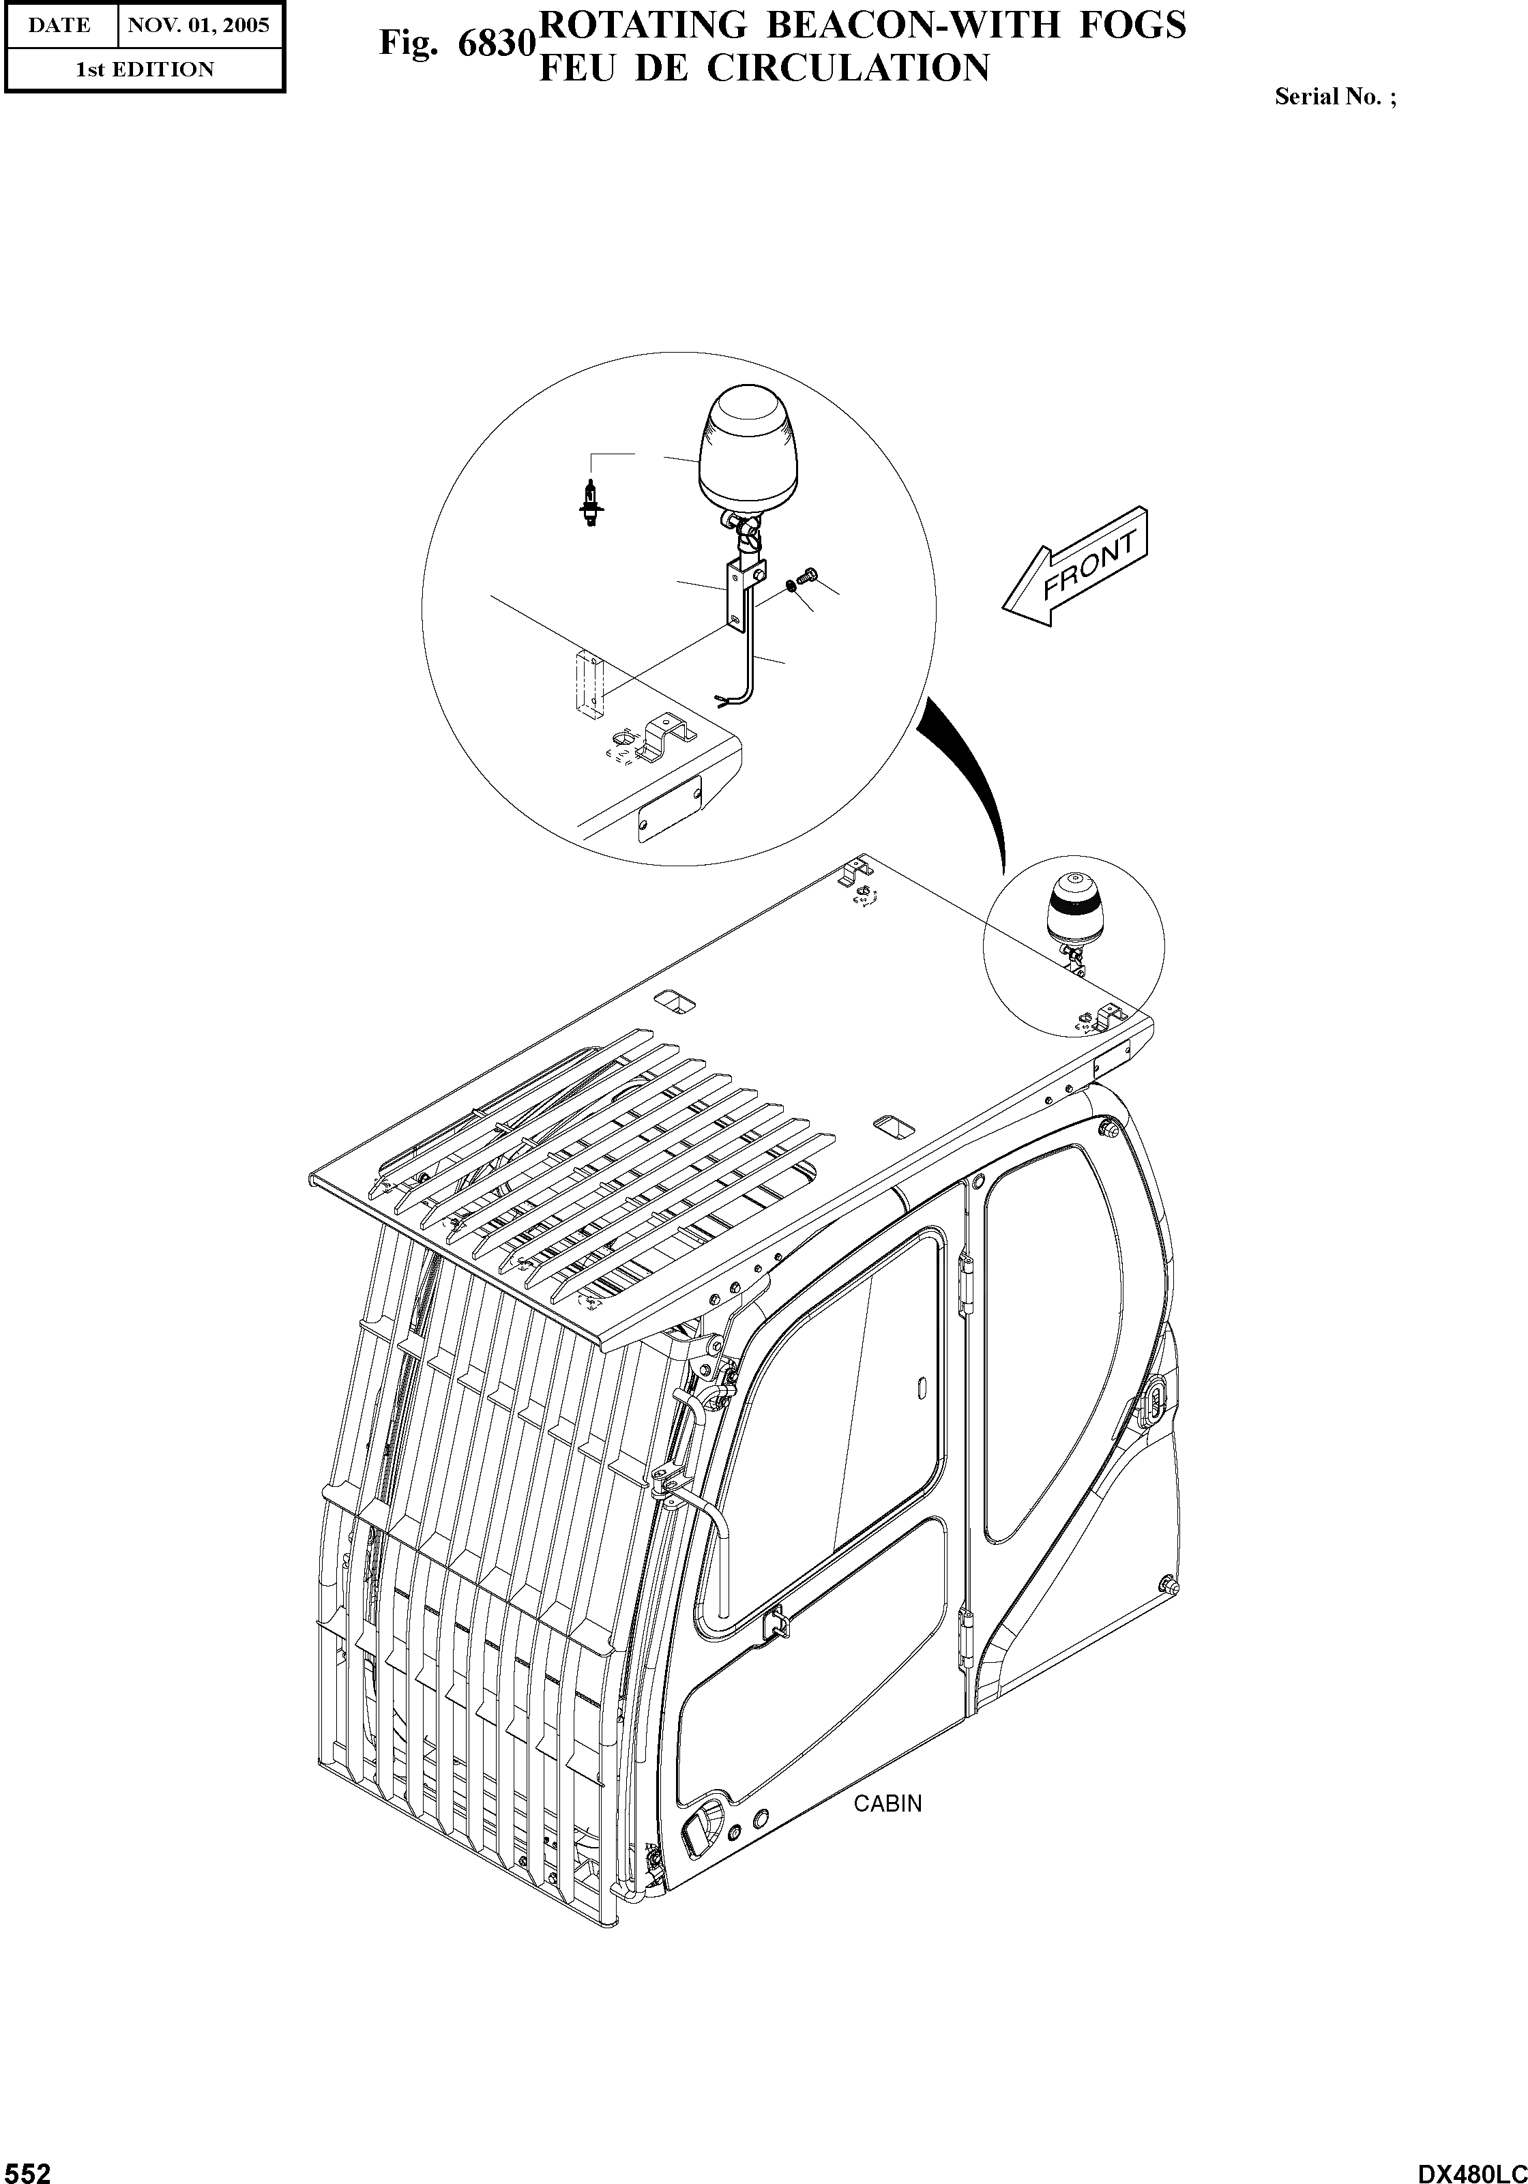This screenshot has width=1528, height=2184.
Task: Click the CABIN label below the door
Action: [x=887, y=1803]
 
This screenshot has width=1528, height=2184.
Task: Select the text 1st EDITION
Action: [x=145, y=70]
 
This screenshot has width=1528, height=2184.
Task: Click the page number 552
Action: [x=27, y=2170]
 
